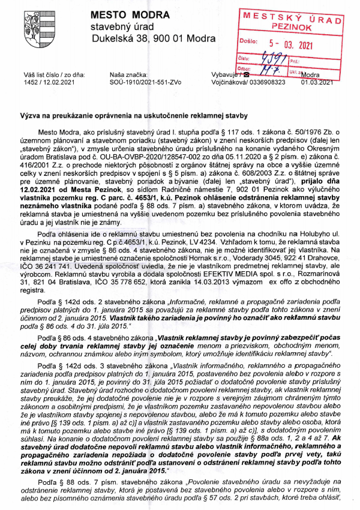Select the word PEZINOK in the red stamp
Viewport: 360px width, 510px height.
click(290, 28)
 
